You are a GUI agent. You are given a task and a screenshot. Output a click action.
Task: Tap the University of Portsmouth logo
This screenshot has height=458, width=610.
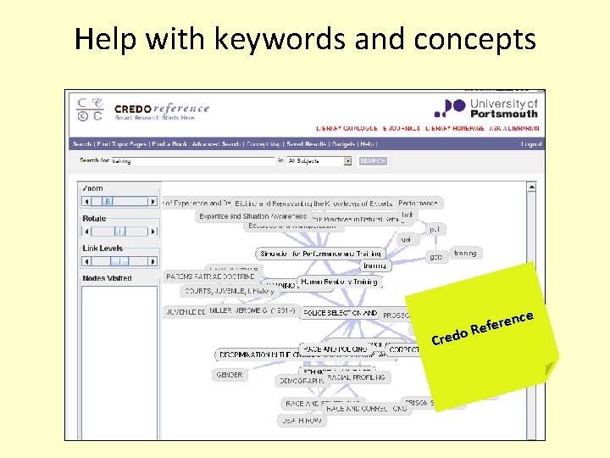(485, 107)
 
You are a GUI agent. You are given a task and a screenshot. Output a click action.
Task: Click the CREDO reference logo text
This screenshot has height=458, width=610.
(161, 109)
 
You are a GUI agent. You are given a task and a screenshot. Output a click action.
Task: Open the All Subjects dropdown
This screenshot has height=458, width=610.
(319, 160)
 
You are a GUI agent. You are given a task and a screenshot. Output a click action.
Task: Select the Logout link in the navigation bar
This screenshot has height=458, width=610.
(531, 144)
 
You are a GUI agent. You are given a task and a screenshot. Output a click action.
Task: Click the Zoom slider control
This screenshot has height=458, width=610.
(119, 202)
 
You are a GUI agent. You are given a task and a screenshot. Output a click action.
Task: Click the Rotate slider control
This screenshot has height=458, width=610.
(119, 231)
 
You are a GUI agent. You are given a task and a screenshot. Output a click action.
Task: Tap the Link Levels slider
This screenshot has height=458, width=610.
(119, 261)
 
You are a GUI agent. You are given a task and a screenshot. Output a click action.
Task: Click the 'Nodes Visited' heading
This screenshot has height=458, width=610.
(107, 278)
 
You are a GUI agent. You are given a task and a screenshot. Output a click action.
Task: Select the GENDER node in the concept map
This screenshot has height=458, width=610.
(229, 374)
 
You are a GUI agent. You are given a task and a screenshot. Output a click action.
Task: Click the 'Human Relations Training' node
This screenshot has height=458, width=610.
(339, 282)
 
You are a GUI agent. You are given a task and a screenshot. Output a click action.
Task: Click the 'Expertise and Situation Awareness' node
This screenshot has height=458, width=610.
(252, 216)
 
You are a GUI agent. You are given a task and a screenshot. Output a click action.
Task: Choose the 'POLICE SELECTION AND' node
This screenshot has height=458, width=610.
(339, 313)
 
